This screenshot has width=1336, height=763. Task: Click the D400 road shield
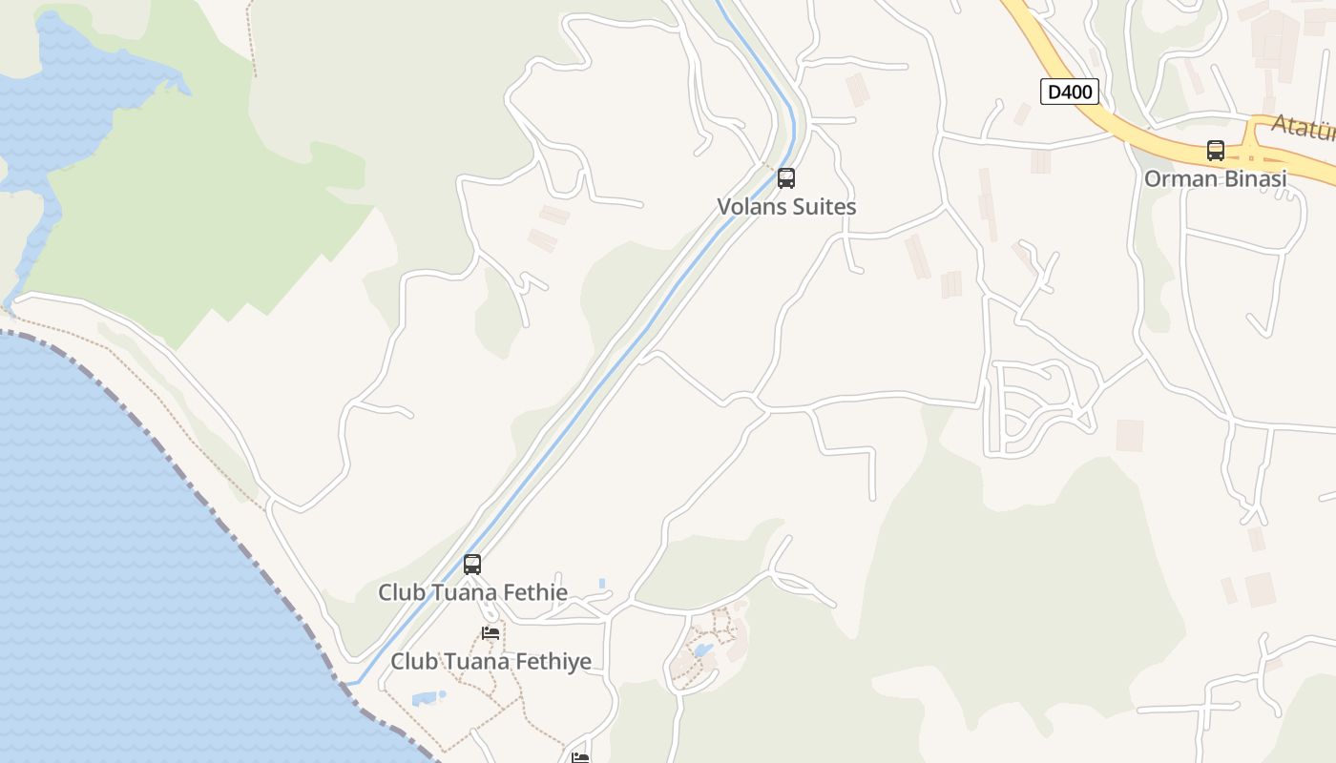(x=1070, y=93)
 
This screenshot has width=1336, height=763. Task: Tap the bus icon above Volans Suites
(x=786, y=177)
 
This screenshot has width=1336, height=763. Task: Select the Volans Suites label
(x=786, y=206)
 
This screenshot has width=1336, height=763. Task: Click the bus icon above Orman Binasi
(x=1215, y=151)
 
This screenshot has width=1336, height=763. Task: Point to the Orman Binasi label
(x=1215, y=178)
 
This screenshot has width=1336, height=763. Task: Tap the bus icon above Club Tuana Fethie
(x=472, y=564)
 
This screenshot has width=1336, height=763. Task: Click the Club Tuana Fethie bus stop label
(x=472, y=592)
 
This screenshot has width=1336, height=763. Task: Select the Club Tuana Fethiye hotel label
(x=491, y=661)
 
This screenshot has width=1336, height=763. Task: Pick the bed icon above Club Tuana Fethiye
(x=491, y=632)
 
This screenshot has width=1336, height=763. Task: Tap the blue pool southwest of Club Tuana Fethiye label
(x=428, y=698)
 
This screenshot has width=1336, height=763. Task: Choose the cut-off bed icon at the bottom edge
(x=580, y=757)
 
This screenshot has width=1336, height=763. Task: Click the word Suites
(x=823, y=206)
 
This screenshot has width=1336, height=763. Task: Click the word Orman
(x=1178, y=178)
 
